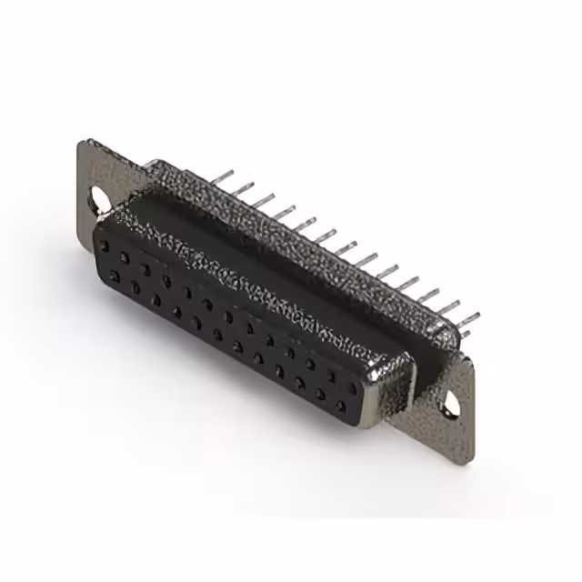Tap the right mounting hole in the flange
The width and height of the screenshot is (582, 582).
[450, 401]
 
